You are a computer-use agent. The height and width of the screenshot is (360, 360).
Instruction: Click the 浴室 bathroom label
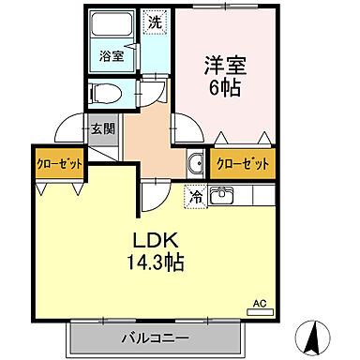[112, 56]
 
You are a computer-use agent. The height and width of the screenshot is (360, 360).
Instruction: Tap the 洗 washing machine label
[154, 20]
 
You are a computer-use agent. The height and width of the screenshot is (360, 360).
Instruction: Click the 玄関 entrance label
[101, 129]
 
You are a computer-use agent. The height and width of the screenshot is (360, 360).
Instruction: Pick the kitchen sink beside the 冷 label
[222, 196]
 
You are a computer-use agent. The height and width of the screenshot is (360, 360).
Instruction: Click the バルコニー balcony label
[155, 337]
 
